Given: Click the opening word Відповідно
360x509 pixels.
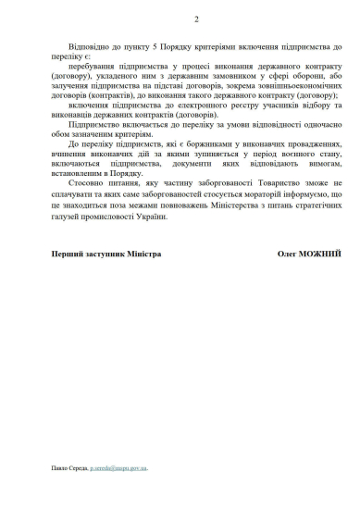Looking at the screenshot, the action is point(90,46).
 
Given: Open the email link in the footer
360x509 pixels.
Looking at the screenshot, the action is point(119,467).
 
